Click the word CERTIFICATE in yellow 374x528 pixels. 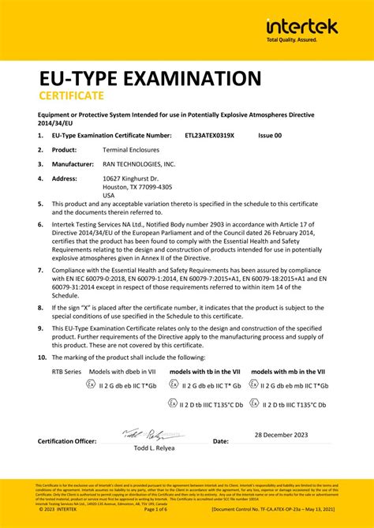[x=72, y=96]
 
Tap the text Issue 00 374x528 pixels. [x=270, y=136]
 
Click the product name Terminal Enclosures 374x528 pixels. [x=134, y=149]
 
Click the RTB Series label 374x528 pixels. [x=67, y=371]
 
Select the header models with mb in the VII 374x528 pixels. [x=287, y=371]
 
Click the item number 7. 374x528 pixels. [x=41, y=270]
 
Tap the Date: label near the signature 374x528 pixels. [x=221, y=441]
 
